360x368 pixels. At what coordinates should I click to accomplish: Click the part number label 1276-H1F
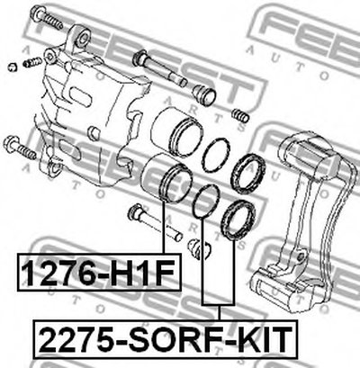point(99,273)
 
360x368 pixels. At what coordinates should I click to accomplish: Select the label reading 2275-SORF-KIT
point(166,339)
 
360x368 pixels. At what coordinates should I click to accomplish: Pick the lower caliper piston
point(167,177)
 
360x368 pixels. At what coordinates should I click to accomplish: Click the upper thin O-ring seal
point(216,155)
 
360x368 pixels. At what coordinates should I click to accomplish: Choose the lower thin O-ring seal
point(206,201)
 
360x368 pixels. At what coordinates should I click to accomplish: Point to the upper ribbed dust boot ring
point(247,174)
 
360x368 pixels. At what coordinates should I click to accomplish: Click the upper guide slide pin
point(160,68)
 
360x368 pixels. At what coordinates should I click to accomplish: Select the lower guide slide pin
point(155,222)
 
